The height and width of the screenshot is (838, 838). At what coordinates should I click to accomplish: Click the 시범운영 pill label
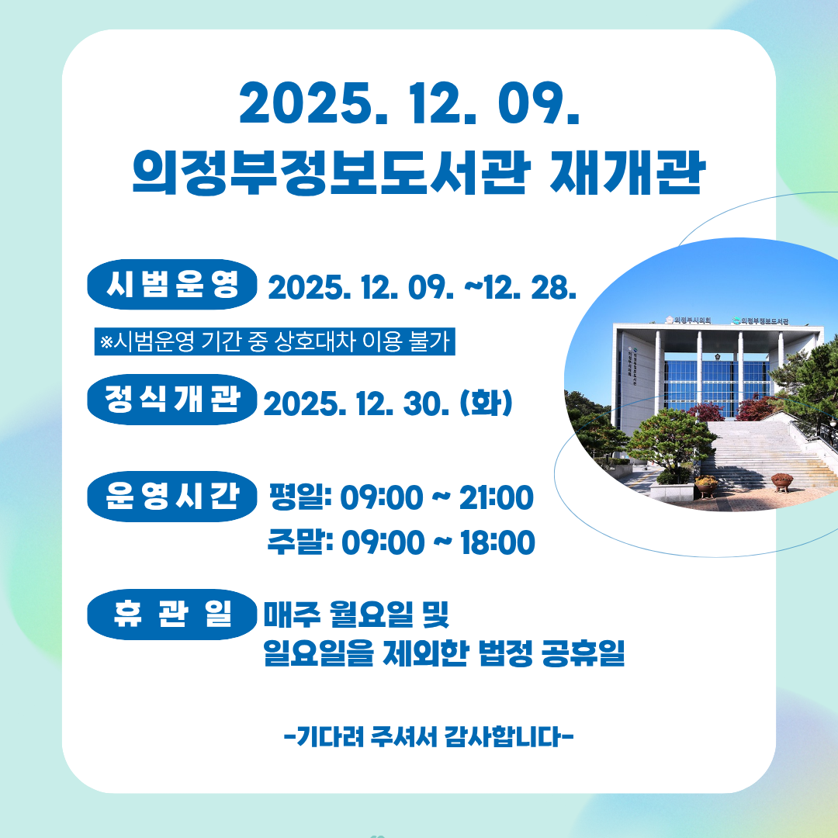(x=172, y=284)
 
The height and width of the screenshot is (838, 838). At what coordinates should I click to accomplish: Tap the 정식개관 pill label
(x=172, y=400)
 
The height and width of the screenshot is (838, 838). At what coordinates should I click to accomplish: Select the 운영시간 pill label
(x=172, y=496)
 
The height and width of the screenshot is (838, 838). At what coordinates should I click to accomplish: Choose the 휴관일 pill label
(x=172, y=614)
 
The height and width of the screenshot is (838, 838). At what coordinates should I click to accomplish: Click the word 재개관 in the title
(x=628, y=172)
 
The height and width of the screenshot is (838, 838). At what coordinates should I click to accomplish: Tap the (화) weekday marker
(x=486, y=403)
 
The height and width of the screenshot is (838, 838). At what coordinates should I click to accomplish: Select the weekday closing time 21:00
(x=496, y=497)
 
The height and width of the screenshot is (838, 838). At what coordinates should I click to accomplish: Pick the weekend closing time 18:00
(x=497, y=542)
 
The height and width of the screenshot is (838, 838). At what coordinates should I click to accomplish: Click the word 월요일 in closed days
(x=372, y=614)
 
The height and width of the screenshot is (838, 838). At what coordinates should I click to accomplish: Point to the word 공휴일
(x=583, y=653)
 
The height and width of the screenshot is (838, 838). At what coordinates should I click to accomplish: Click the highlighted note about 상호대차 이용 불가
(x=275, y=341)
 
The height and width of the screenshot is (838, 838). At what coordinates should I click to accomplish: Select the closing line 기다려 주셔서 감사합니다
(x=428, y=736)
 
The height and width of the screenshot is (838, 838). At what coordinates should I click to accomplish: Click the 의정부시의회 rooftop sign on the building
(x=689, y=320)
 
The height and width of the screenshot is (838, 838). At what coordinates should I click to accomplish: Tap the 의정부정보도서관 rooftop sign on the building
(x=760, y=320)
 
